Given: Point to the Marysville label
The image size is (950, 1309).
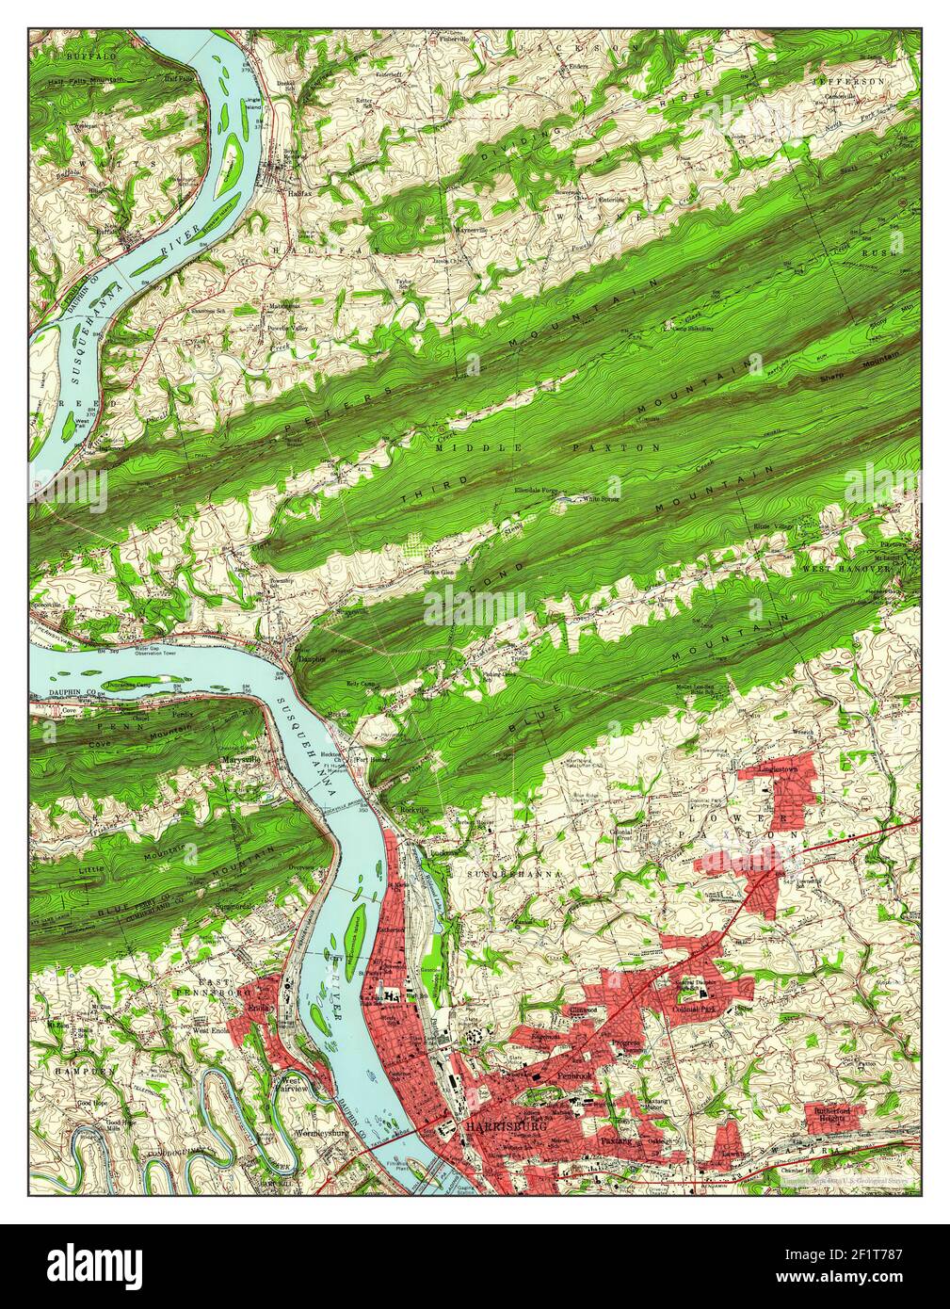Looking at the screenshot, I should [x=241, y=755].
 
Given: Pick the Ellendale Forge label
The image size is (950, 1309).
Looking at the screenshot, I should [x=539, y=491].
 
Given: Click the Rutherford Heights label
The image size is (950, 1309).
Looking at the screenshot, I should [x=832, y=1114].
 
